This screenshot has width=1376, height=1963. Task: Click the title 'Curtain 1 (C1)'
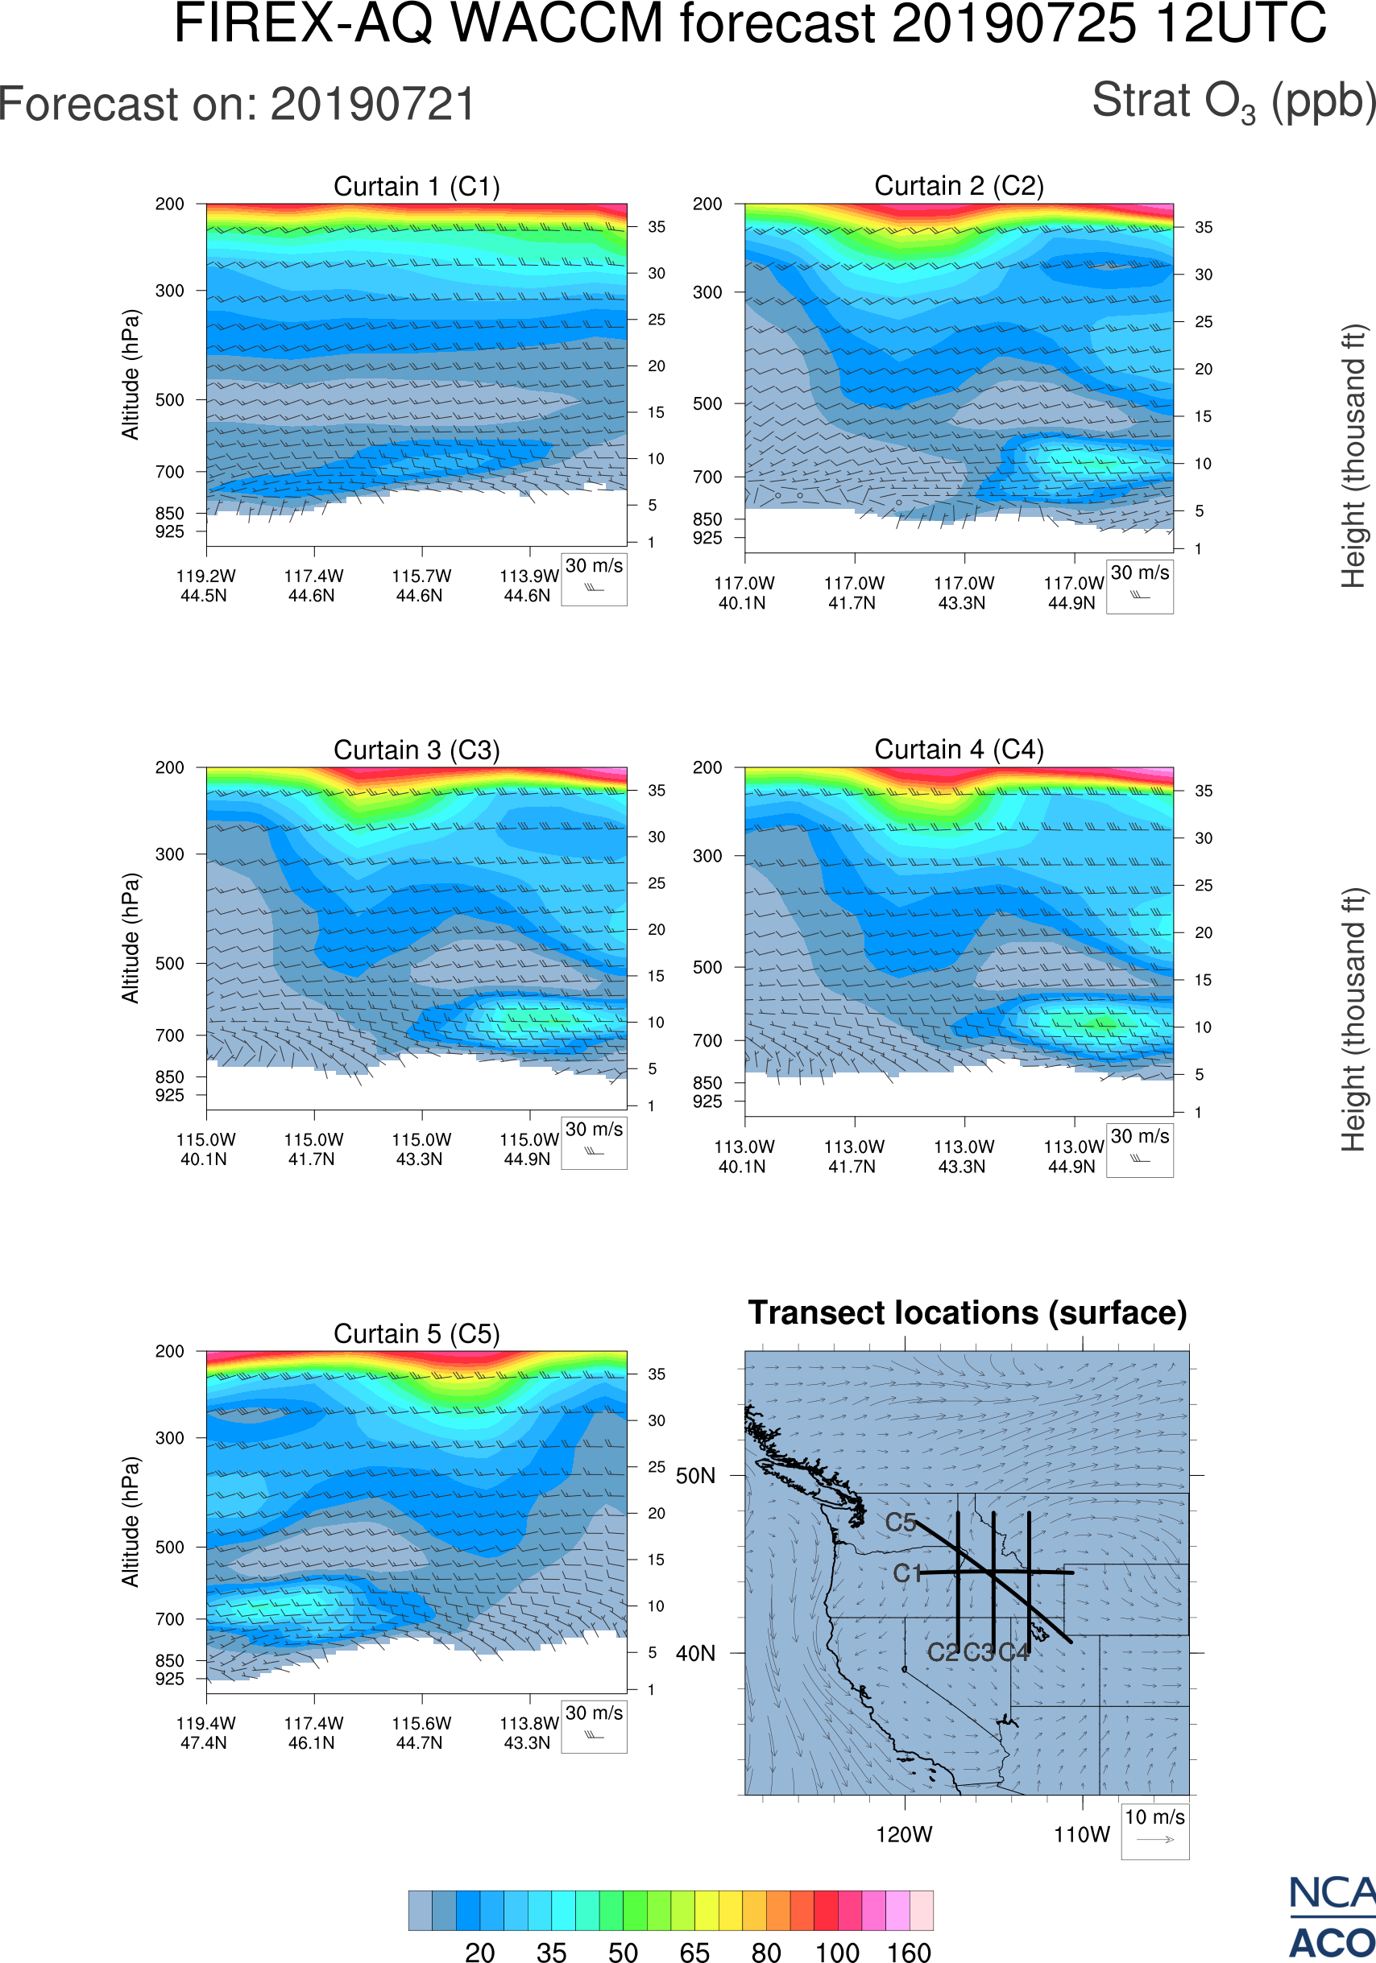(417, 186)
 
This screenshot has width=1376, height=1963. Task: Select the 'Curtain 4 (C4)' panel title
(959, 750)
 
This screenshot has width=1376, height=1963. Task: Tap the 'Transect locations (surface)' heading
(968, 1313)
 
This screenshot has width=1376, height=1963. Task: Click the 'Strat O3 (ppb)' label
(1233, 101)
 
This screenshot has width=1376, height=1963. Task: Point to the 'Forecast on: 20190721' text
(237, 105)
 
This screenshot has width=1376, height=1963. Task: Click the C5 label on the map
(901, 1523)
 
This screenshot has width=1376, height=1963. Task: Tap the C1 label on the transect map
(906, 1573)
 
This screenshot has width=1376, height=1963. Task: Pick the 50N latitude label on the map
(695, 1477)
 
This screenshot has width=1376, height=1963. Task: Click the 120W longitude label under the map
(904, 1835)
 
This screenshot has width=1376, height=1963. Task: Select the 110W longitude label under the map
(1081, 1835)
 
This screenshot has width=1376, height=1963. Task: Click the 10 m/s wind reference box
(1154, 1830)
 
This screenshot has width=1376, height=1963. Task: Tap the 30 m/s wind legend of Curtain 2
(1139, 586)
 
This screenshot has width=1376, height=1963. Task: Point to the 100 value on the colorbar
(836, 1952)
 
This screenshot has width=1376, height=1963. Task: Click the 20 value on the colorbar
(480, 1952)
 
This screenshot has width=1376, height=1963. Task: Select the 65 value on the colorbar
(694, 1952)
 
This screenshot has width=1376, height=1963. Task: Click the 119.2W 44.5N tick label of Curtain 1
(205, 585)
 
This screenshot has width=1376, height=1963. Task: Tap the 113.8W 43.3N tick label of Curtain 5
(528, 1733)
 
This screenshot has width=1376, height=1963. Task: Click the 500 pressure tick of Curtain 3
(169, 964)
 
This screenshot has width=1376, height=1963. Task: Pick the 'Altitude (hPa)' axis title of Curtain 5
(130, 1522)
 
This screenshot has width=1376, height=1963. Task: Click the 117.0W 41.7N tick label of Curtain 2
(853, 593)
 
